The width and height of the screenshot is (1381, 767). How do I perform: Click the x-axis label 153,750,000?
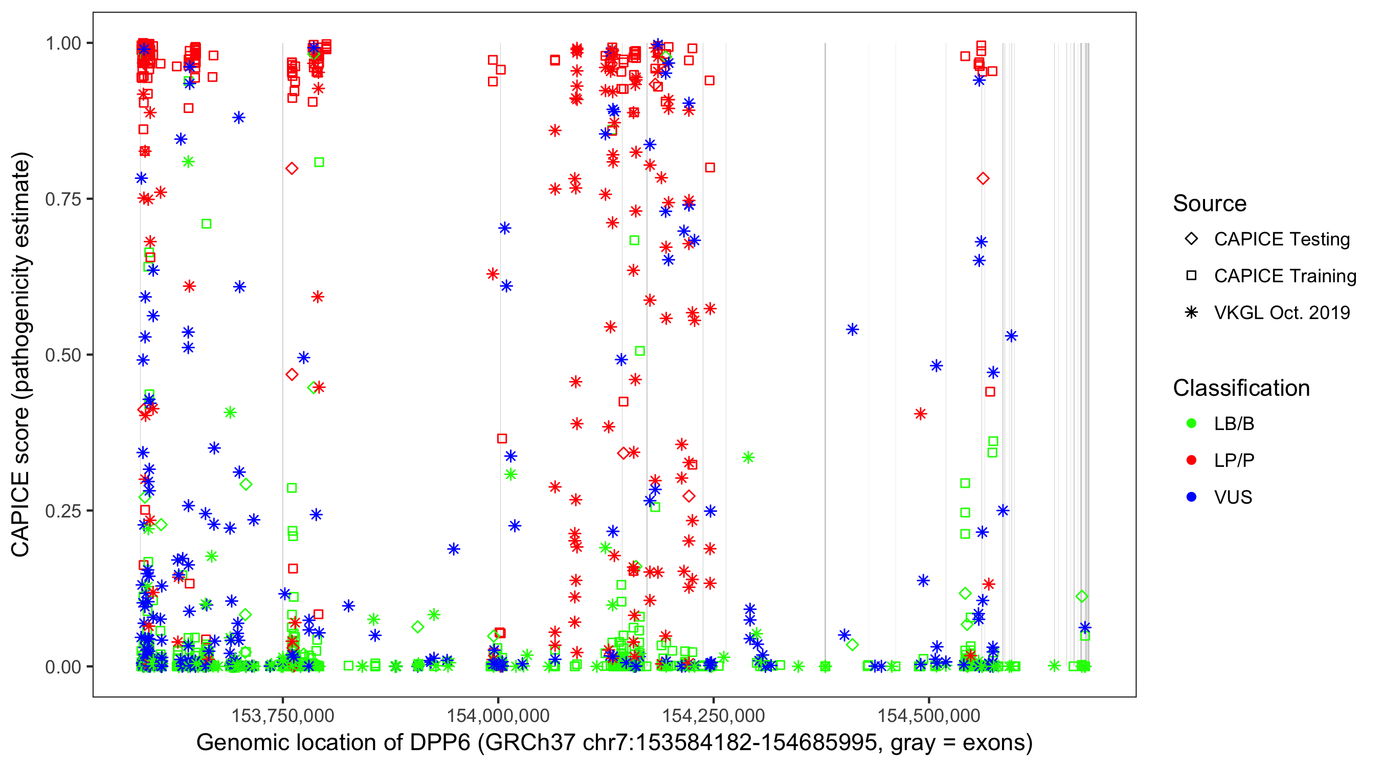(x=282, y=715)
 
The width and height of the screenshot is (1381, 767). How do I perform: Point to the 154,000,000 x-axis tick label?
(x=498, y=715)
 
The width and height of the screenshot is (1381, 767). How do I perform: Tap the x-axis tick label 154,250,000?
(x=714, y=715)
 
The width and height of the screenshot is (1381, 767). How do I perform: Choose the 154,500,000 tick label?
(x=928, y=715)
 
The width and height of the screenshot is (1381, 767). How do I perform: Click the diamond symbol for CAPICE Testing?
(x=1191, y=239)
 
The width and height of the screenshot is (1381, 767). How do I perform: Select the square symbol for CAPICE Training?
(x=1191, y=276)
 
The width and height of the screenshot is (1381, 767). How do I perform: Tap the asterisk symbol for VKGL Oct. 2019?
(x=1191, y=312)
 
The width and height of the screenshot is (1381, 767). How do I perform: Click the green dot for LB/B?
(x=1191, y=423)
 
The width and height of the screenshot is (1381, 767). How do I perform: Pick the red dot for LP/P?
(x=1191, y=460)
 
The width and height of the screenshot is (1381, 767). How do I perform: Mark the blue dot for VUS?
(x=1191, y=497)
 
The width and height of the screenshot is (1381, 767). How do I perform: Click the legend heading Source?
(x=1210, y=204)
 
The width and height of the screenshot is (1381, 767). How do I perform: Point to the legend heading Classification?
(x=1241, y=388)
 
